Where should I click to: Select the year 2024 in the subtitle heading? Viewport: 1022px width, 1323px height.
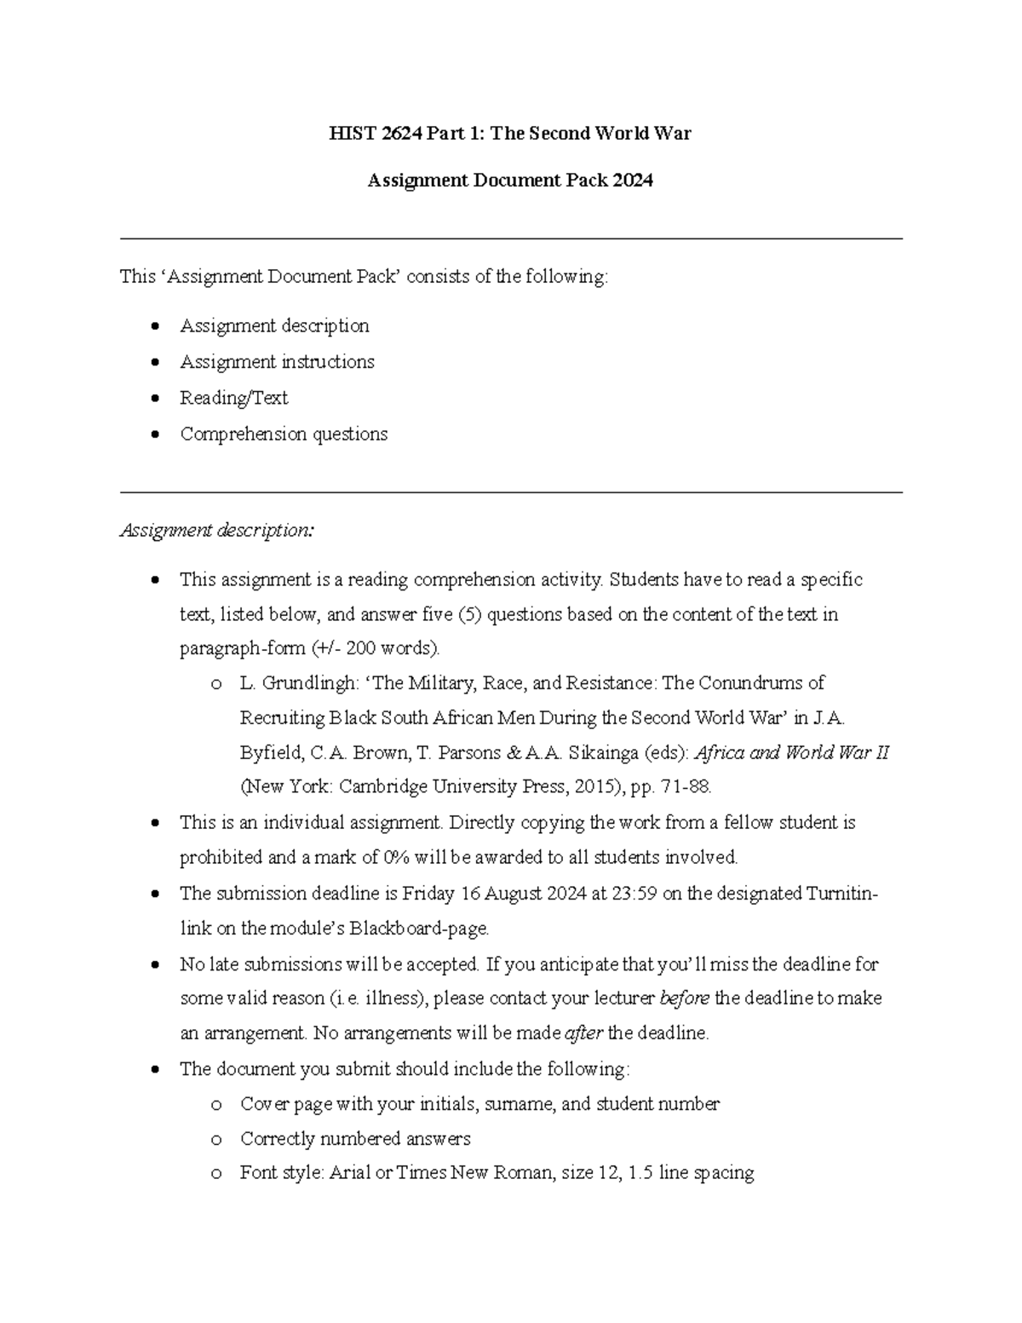tap(632, 181)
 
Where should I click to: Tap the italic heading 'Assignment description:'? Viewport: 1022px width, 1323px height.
tap(217, 531)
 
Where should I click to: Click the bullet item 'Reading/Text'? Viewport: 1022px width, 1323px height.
tap(233, 398)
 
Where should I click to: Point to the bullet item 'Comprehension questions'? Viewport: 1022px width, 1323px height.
tap(284, 434)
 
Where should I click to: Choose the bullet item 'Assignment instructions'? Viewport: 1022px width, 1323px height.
tap(277, 362)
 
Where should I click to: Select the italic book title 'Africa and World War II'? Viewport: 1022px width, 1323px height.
tap(791, 753)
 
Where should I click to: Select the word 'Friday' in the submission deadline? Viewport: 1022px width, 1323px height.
tap(429, 894)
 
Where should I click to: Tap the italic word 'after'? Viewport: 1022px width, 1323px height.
tap(583, 1033)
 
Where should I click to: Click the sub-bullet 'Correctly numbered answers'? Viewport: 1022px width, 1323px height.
tap(355, 1139)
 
